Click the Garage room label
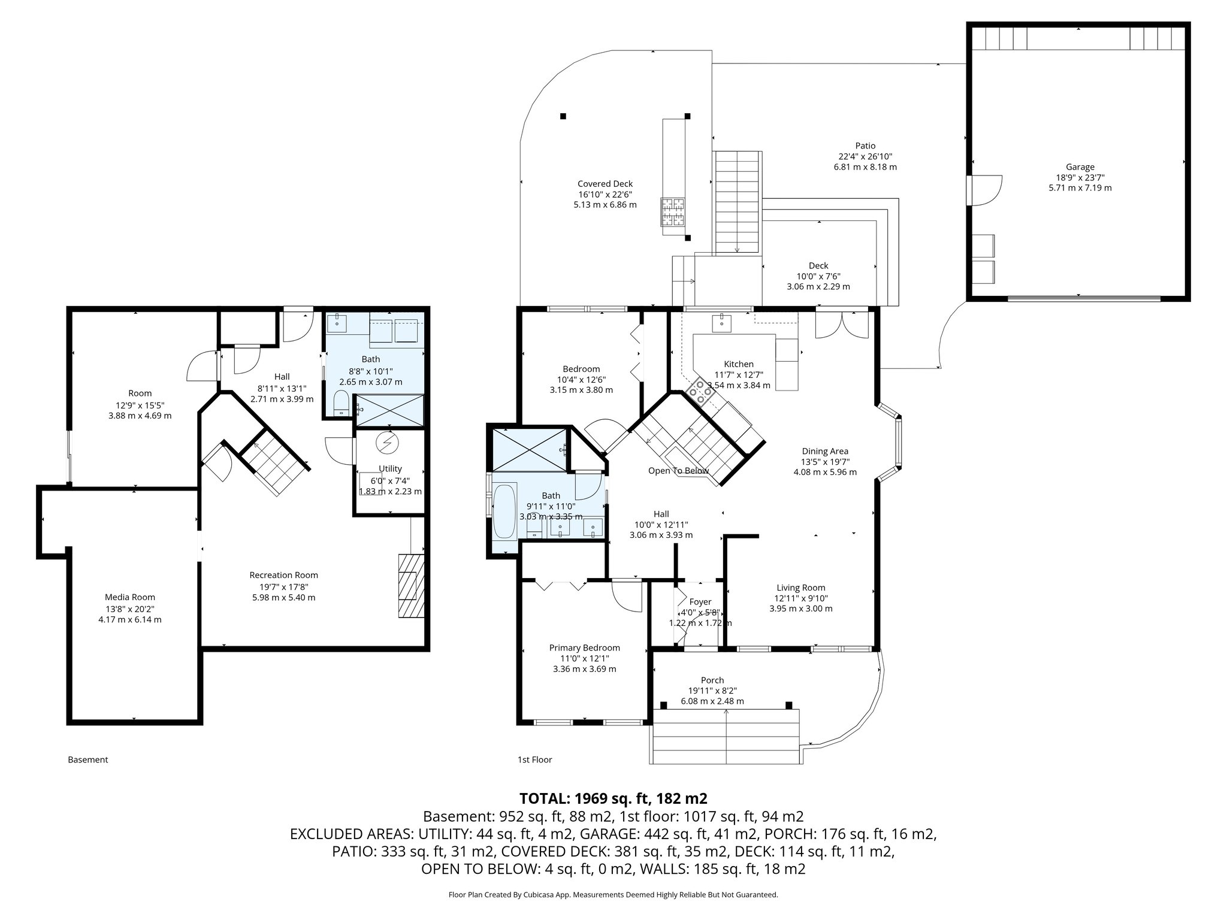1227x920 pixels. [1080, 167]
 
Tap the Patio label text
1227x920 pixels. [865, 146]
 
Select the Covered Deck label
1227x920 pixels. [605, 184]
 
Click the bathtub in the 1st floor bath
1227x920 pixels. [503, 511]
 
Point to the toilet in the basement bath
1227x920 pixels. [340, 403]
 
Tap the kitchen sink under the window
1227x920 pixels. [722, 323]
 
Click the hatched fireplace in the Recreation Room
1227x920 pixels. [411, 585]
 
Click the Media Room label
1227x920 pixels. [130, 597]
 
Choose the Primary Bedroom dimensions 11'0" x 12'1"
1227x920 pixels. [584, 658]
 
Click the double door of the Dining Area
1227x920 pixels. [842, 326]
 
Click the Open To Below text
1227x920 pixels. [678, 471]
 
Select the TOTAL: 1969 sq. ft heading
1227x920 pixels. [613, 798]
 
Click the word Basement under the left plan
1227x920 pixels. [88, 759]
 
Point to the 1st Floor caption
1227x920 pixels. [534, 759]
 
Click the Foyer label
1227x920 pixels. [700, 602]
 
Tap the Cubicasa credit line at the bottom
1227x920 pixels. [613, 895]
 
